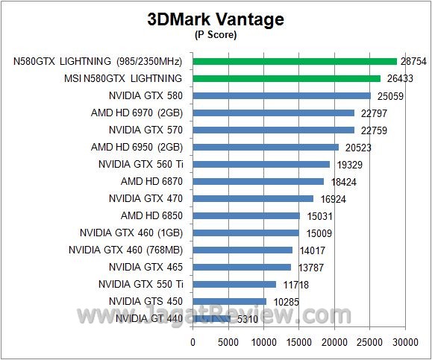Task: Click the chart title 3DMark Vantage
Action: [216, 20]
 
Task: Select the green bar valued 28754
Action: [295, 61]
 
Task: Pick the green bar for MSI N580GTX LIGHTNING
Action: [287, 78]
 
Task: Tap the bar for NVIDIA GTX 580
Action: [281, 95]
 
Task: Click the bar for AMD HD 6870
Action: [258, 181]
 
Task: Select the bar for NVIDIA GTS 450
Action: [229, 301]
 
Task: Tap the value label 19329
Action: [350, 165]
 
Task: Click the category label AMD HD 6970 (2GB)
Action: [137, 113]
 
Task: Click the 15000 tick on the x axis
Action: [299, 342]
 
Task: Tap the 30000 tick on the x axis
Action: [405, 342]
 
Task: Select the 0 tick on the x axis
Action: [193, 342]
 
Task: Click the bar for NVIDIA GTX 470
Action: [253, 198]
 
